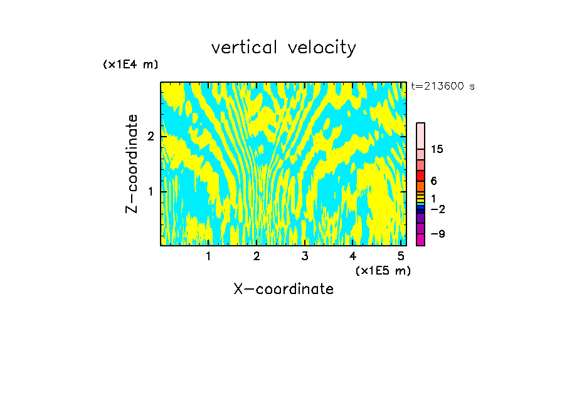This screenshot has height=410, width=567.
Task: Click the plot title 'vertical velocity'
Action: [283, 48]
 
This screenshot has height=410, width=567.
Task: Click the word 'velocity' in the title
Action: [320, 48]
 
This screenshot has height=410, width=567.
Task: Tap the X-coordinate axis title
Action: [283, 289]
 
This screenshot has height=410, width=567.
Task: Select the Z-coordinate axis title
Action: [132, 164]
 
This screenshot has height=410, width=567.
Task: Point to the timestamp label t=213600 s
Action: [442, 87]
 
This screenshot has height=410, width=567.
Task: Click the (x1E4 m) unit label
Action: [130, 65]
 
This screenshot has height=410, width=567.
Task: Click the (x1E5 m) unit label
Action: [383, 270]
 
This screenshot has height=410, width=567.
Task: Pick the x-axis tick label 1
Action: [208, 256]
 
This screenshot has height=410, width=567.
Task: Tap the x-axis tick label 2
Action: [257, 256]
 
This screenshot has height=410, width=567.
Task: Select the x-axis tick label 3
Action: [304, 256]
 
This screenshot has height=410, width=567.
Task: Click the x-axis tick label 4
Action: [352, 256]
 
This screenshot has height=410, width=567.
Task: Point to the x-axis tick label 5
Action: [400, 256]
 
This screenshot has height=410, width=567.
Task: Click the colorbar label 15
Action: [437, 149]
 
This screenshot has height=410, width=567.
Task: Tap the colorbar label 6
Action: [433, 181]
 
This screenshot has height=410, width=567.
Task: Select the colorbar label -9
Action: [437, 234]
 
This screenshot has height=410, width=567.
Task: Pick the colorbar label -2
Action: [437, 209]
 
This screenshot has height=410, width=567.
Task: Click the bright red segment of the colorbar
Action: [421, 176]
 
